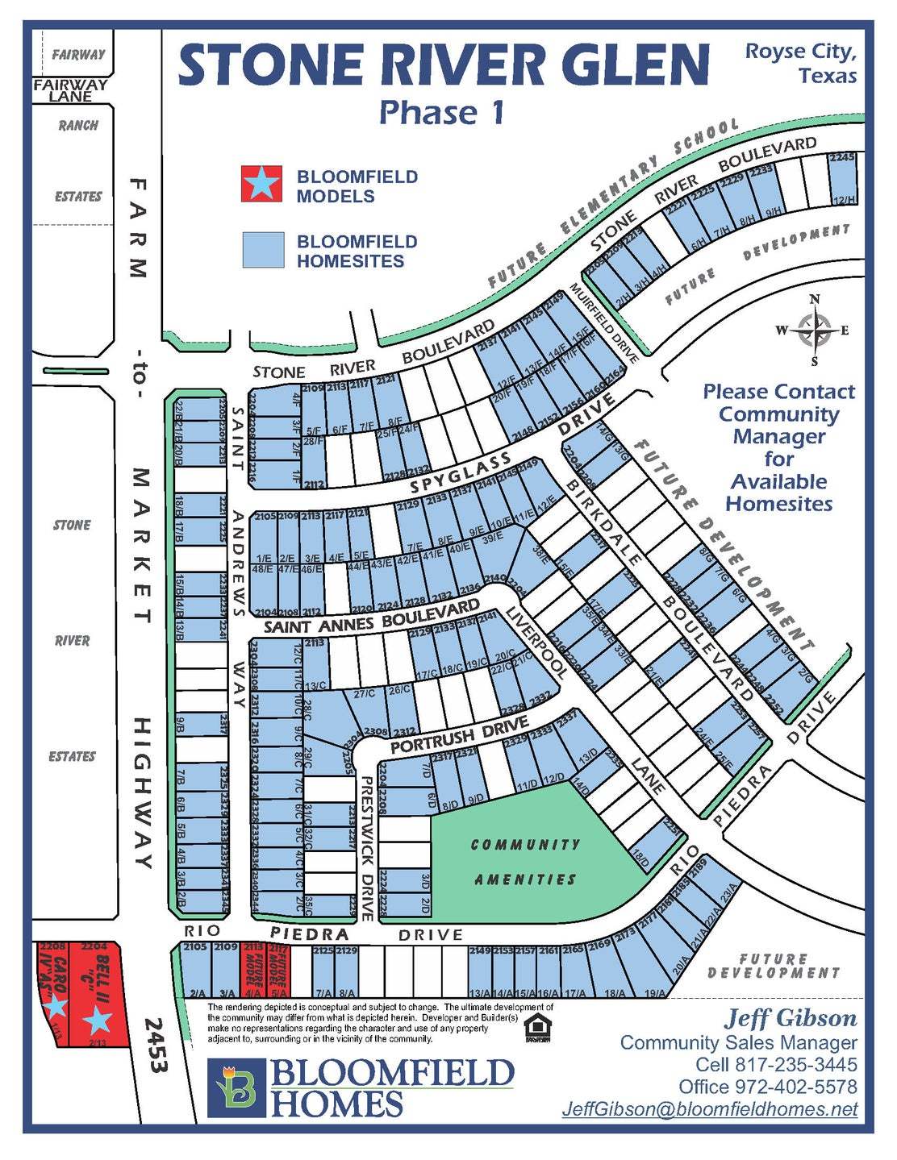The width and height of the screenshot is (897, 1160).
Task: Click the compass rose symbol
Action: click(814, 330)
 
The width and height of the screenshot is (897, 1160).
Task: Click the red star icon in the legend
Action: click(262, 184)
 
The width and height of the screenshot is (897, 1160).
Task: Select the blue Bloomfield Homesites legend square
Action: click(263, 249)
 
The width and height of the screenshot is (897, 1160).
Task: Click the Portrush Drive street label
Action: click(459, 737)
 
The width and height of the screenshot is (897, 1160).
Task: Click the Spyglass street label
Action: click(461, 473)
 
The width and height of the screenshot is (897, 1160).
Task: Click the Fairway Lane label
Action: click(70, 89)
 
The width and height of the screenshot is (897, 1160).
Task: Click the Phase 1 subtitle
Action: click(441, 112)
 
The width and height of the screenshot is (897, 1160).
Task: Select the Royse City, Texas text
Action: click(801, 63)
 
